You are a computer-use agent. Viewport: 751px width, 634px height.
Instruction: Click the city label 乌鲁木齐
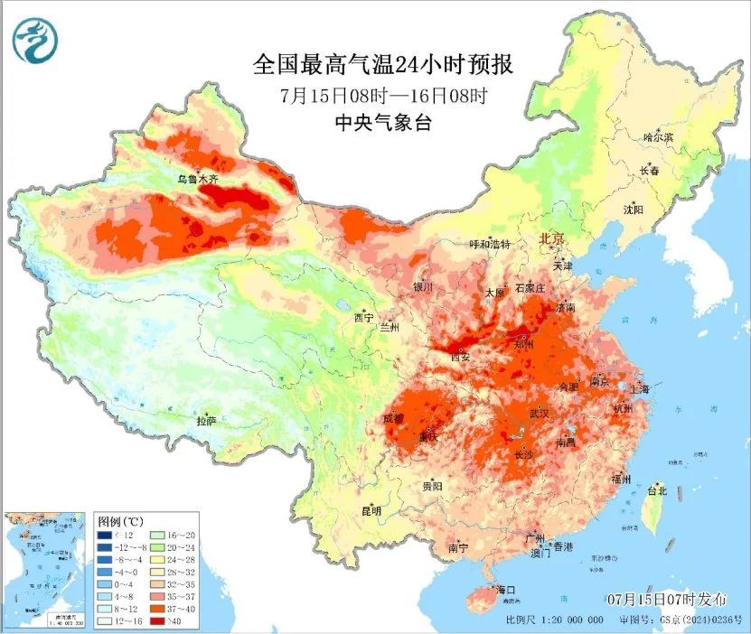coord(196,179)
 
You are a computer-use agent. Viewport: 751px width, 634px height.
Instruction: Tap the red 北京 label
coord(551,238)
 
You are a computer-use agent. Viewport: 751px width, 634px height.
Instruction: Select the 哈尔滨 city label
coord(658,137)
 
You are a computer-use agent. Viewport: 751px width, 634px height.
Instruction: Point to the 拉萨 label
coord(206,420)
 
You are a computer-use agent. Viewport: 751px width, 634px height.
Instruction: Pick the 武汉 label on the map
coord(539,413)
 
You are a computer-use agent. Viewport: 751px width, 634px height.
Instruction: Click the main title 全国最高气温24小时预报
coord(383,65)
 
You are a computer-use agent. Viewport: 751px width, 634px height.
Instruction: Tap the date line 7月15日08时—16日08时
coord(383,95)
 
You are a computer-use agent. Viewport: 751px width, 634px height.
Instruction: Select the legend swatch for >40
coord(156,621)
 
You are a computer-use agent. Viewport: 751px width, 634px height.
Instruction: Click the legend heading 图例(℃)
coord(121,522)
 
